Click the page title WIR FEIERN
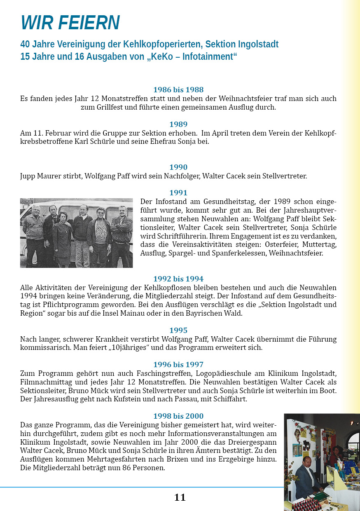70,23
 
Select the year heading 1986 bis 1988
178,89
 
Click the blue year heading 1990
178,167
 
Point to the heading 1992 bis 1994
178,279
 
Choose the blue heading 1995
178,330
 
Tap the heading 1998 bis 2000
178,416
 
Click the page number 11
180,497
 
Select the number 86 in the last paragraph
116,468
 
